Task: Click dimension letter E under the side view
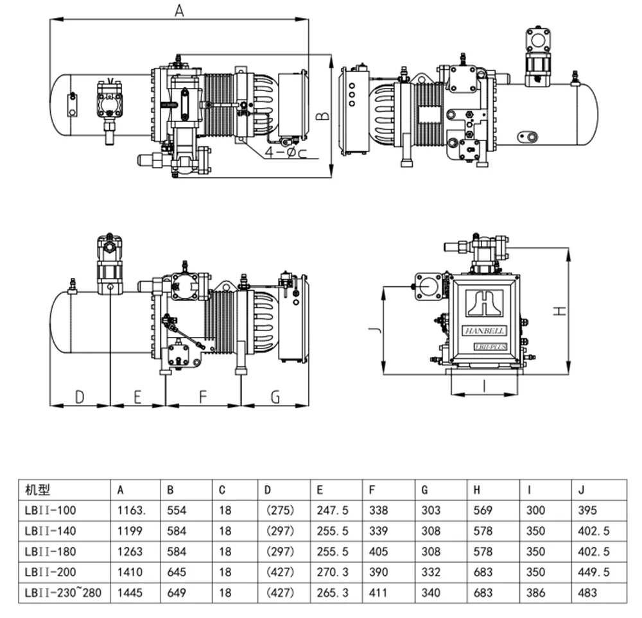click(x=137, y=397)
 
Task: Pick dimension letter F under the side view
click(x=202, y=397)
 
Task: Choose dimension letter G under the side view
click(x=275, y=397)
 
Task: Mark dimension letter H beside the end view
click(x=560, y=311)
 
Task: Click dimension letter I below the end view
click(x=483, y=386)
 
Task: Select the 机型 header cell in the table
click(x=37, y=490)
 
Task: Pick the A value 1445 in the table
click(x=128, y=593)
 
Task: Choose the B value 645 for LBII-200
click(x=177, y=572)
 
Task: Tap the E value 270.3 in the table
click(x=332, y=572)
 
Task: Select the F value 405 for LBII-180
click(x=378, y=552)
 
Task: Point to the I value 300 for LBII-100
click(x=535, y=511)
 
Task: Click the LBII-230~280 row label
click(x=62, y=593)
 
